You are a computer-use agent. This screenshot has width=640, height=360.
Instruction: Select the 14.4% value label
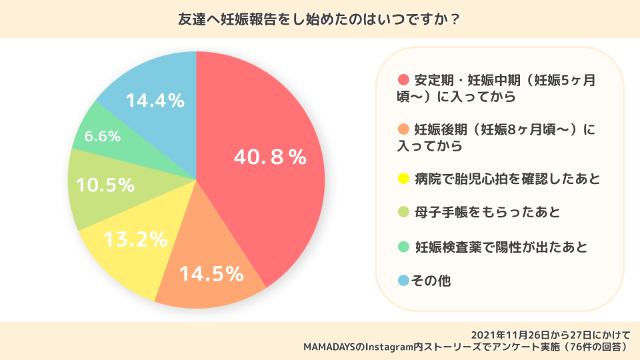pyautogui.click(x=155, y=101)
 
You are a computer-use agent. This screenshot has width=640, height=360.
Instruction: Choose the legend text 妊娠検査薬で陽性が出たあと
pyautogui.click(x=501, y=247)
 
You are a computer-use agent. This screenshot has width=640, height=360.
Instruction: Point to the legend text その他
pyautogui.click(x=432, y=281)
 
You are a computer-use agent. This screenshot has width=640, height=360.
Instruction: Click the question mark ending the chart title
pyautogui.click(x=454, y=19)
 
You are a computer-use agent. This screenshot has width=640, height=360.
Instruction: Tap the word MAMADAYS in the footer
pyautogui.click(x=331, y=347)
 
